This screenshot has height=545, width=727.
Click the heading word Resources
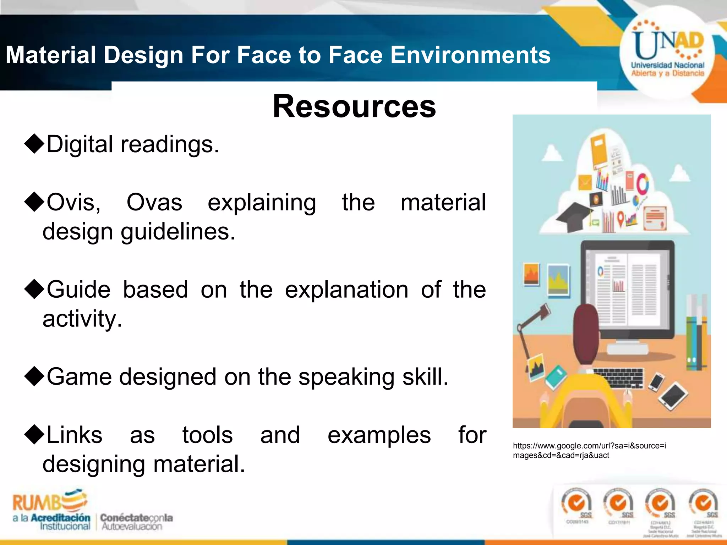pos(354,106)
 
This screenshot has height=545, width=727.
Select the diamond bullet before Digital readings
pos(34,144)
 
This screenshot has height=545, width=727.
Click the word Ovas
pos(154,203)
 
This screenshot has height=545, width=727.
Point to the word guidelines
pos(178,232)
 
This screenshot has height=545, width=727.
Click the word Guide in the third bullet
pos(78,290)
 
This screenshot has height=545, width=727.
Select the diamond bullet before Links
pos(34,435)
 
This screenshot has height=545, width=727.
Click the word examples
pos(379,435)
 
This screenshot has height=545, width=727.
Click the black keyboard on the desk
pos(618,378)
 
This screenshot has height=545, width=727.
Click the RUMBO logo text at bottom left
pos(50,502)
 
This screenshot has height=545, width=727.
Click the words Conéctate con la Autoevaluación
pos(136,522)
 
